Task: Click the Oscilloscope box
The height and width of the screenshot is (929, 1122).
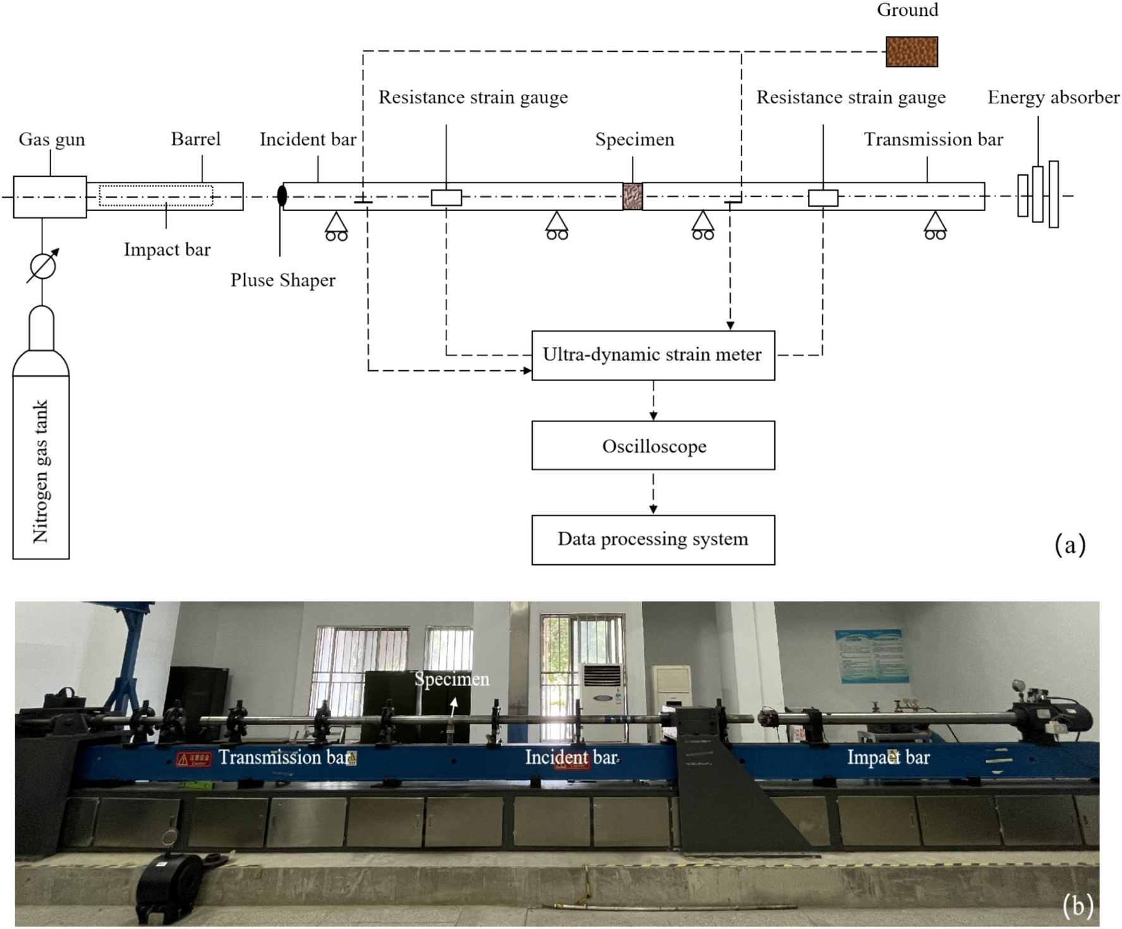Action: click(653, 446)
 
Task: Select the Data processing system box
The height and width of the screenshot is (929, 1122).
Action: click(653, 539)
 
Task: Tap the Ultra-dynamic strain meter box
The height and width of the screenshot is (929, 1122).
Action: click(653, 355)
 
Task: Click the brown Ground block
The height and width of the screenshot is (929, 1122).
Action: click(911, 52)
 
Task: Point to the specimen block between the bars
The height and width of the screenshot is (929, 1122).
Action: click(632, 196)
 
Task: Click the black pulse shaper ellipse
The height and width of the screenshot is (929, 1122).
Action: click(282, 195)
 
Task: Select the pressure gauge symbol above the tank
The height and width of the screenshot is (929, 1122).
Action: click(42, 266)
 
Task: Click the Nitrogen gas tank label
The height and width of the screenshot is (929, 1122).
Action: click(40, 471)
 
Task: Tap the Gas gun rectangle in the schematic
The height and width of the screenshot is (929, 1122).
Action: click(50, 197)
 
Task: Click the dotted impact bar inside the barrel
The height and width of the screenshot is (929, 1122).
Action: click(155, 195)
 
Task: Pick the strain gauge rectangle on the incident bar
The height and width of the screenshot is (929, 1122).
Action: click(446, 197)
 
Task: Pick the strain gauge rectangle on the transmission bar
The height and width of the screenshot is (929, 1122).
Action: click(823, 197)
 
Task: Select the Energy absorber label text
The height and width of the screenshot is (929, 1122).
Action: click(1053, 97)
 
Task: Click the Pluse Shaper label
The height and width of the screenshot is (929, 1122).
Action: click(283, 280)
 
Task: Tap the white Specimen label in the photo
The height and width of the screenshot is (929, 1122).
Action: click(451, 679)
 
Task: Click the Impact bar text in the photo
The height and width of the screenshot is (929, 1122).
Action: click(888, 757)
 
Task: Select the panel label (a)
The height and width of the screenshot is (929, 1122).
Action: click(1070, 544)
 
